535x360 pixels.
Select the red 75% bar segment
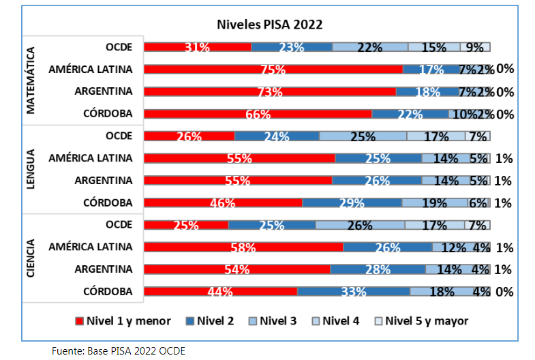click(x=273, y=69)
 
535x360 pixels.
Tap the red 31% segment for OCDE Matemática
click(x=198, y=47)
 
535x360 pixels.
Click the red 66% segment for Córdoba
click(x=258, y=114)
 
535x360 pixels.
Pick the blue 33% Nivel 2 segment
click(x=354, y=292)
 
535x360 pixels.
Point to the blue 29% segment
click(x=352, y=202)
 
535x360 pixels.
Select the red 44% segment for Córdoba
click(x=221, y=292)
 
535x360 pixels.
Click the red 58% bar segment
click(x=244, y=247)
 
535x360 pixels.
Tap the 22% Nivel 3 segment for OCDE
click(x=370, y=47)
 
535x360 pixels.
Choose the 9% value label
click(x=475, y=47)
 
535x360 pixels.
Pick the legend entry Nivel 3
click(x=273, y=320)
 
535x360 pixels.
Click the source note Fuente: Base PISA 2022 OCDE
click(x=119, y=350)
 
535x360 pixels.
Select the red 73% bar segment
click(x=271, y=91)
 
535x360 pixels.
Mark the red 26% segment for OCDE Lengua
click(x=189, y=136)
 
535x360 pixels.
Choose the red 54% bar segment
click(x=237, y=269)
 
